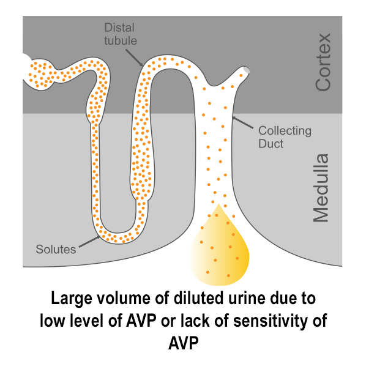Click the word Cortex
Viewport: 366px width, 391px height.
323,62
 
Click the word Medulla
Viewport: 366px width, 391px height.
321,188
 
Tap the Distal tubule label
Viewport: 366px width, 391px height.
121,34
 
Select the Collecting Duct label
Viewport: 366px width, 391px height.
285,137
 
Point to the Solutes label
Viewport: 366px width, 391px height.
56,250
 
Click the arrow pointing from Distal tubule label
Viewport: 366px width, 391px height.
134,58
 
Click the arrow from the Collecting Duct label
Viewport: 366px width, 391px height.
242,122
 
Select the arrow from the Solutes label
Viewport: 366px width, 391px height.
90,241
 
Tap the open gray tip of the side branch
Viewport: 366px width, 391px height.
246,70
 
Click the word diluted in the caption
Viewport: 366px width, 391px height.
198,298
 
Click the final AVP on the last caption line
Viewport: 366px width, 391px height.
184,343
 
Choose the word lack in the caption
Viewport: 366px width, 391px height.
195,321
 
